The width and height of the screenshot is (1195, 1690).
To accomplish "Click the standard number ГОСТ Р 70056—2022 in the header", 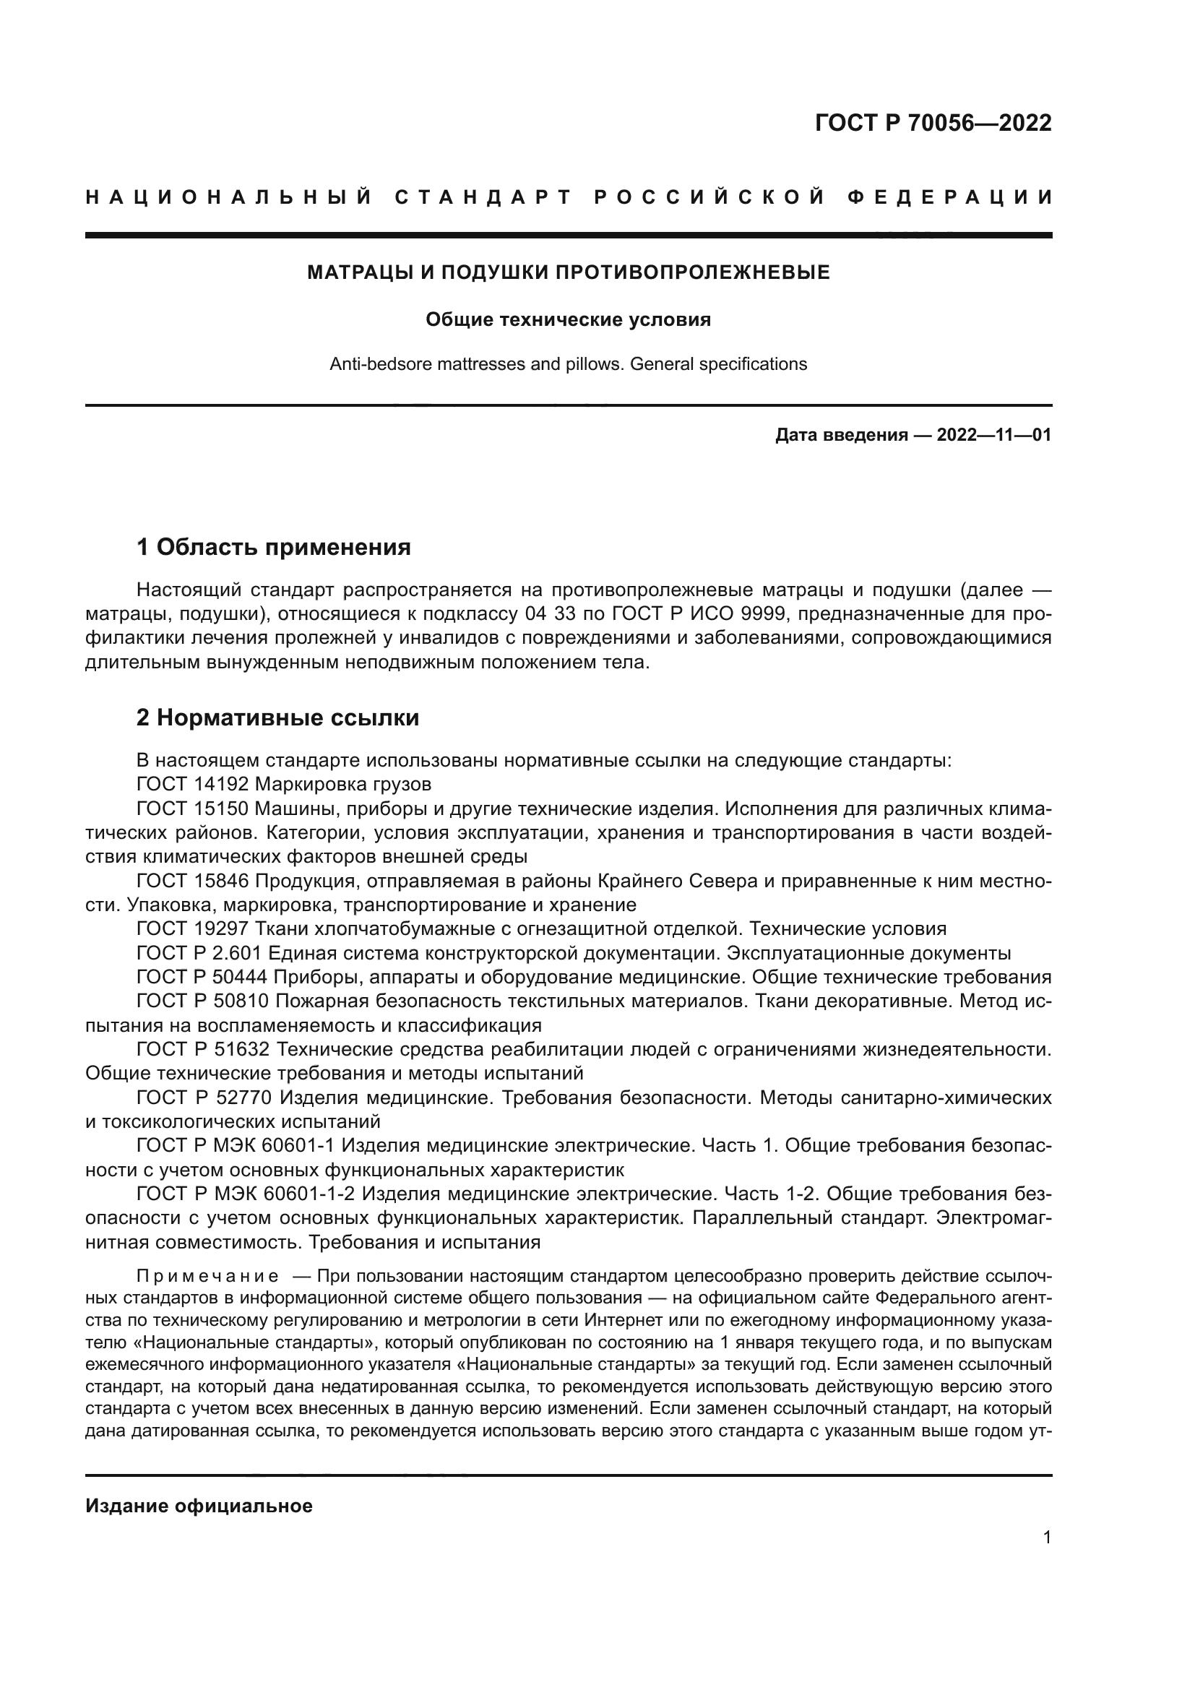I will tap(933, 123).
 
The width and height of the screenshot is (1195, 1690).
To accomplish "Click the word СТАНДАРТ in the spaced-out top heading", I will tap(483, 197).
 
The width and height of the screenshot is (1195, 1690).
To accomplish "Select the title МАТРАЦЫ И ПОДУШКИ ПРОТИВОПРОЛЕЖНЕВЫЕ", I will tap(568, 273).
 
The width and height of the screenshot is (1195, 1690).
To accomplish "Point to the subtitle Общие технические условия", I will tap(568, 320).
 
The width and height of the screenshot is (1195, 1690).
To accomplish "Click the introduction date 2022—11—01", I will tap(994, 435).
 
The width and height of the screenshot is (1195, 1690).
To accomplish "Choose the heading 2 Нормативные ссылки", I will tap(277, 717).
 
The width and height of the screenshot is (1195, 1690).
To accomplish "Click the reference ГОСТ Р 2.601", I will tap(199, 953).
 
